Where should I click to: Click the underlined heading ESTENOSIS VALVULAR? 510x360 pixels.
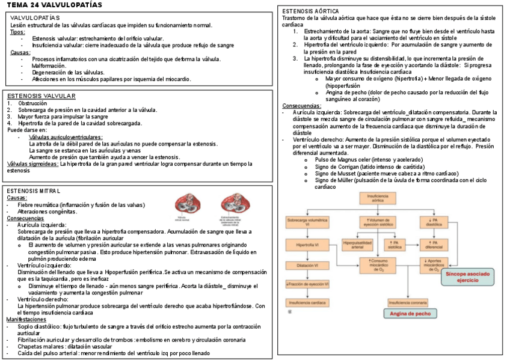click(x=41, y=96)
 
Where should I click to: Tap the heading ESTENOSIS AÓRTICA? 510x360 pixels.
click(x=310, y=11)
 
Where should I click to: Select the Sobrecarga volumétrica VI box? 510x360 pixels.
click(x=307, y=223)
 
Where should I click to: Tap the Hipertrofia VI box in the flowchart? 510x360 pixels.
click(x=307, y=245)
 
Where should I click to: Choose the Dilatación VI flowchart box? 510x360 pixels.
click(x=307, y=264)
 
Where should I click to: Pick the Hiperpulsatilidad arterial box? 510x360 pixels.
click(x=358, y=245)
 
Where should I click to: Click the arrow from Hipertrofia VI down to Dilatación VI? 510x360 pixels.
click(x=307, y=255)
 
